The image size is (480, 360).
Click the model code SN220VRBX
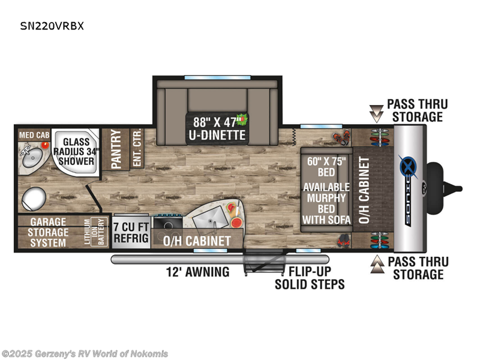click(x=52, y=26)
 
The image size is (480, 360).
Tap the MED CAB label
click(x=34, y=135)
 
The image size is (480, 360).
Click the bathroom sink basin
click(x=33, y=157)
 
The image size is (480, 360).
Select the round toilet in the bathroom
click(x=34, y=199)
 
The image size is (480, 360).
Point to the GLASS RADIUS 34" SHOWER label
click(x=76, y=152)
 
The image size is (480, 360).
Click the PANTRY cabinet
click(x=116, y=149)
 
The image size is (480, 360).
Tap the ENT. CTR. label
click(x=137, y=148)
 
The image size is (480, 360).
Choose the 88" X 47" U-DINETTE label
click(x=217, y=128)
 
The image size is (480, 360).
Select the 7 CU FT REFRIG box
click(x=131, y=232)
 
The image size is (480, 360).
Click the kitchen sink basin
click(x=211, y=217)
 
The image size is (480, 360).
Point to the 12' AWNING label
click(x=197, y=272)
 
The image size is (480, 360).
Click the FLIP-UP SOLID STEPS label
click(x=310, y=278)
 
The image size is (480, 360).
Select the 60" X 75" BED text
click(x=326, y=167)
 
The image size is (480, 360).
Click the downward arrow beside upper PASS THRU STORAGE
click(x=376, y=113)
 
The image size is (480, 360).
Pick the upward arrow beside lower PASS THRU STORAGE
click(x=377, y=264)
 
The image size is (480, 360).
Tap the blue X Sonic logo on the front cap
click(x=409, y=167)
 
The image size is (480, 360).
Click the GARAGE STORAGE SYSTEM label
click(x=48, y=232)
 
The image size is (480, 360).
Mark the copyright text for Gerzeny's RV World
click(x=85, y=353)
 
